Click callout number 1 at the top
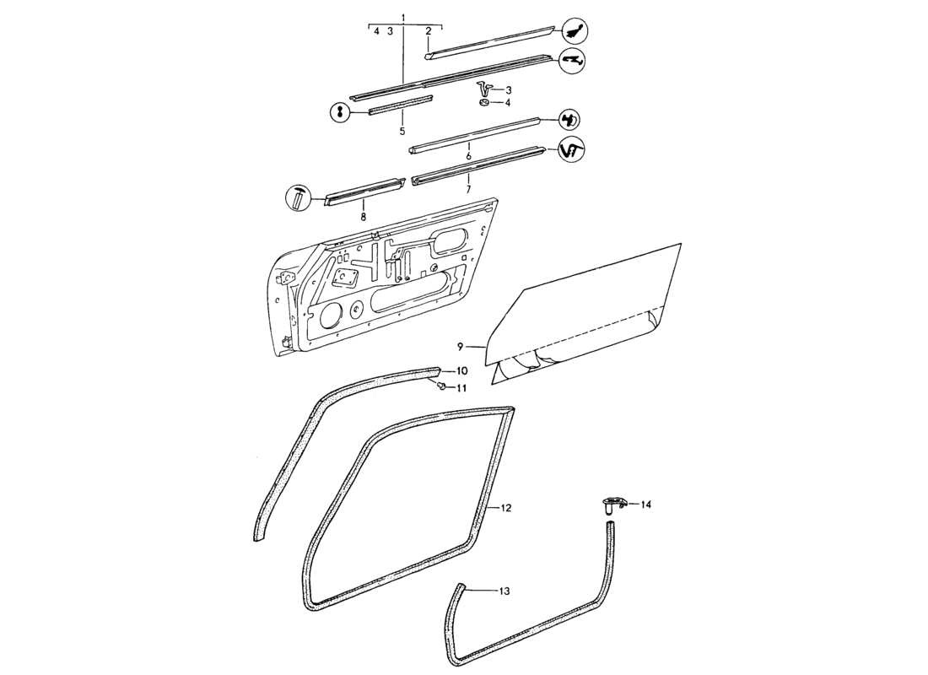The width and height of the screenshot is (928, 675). point(403,18)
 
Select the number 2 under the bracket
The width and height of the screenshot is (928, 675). point(429,31)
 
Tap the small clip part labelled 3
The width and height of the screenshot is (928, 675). point(484,87)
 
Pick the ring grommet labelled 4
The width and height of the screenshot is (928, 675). point(485,102)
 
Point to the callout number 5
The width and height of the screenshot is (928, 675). point(402,132)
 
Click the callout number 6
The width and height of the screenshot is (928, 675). point(468,157)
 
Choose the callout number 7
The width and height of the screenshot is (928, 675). point(468,190)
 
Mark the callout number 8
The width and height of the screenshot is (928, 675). point(364,217)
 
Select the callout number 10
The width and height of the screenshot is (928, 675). point(461,371)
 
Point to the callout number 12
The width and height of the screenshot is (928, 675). point(506,508)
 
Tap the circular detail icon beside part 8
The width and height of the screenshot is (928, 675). point(300,198)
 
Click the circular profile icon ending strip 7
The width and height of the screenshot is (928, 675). point(573,150)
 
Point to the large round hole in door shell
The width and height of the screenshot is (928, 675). point(331,315)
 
